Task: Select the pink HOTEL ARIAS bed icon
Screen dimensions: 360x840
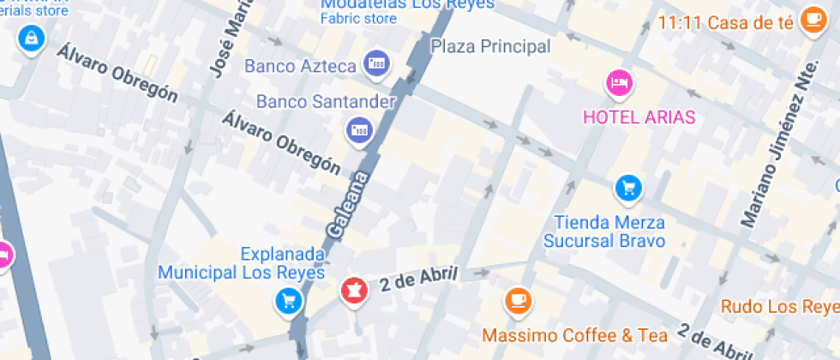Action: [x=620, y=83]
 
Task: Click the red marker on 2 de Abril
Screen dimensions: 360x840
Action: [x=351, y=291]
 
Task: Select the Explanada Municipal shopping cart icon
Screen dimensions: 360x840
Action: [x=287, y=301]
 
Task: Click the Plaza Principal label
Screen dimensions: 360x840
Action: [x=490, y=46]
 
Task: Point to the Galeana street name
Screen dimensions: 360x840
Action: [x=347, y=205]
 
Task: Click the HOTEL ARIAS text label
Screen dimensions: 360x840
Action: [x=639, y=117]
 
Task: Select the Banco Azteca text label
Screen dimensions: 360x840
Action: [x=300, y=65]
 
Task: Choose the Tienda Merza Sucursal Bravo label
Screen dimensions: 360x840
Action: [x=609, y=231]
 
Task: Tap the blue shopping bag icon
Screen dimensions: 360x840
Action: [x=31, y=38]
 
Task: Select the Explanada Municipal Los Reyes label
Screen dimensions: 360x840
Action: [x=243, y=263]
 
